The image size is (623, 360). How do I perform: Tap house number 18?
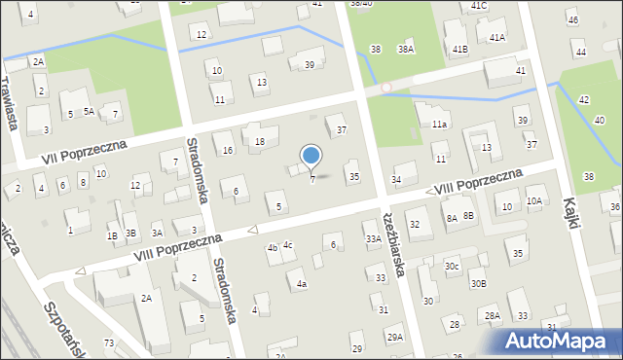click(260, 142)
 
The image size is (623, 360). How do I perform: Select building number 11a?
click(439, 126)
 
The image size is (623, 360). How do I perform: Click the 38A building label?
click(405, 49)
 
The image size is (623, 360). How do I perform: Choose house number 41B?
click(460, 49)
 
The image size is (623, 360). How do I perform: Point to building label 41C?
click(478, 6)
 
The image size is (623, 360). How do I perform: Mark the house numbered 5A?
click(88, 112)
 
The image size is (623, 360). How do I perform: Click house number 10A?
click(533, 201)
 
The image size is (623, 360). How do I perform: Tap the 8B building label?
click(468, 215)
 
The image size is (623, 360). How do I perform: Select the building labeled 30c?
click(452, 266)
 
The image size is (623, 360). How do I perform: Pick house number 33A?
click(372, 238)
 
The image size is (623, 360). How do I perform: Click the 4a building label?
click(302, 284)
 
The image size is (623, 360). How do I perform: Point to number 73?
click(109, 343)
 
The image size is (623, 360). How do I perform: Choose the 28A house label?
click(493, 315)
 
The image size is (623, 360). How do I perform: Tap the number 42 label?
click(583, 100)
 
